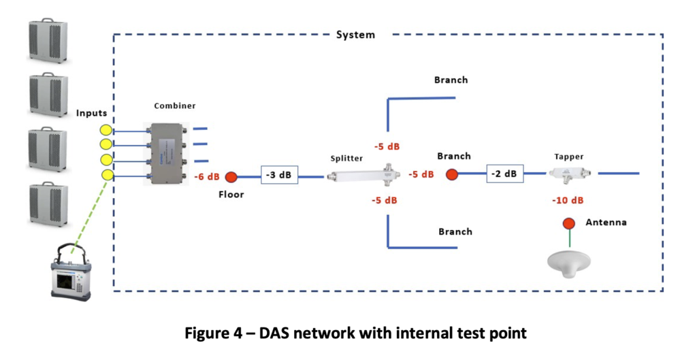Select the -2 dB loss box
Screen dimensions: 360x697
[x=504, y=174]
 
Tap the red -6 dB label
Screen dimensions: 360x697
[x=207, y=177]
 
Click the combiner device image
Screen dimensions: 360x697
[x=166, y=153]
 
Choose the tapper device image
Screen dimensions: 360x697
[x=569, y=174]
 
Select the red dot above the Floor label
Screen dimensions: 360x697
[x=231, y=177]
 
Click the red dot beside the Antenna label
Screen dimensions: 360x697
[x=568, y=223]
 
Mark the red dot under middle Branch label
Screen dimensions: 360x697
[x=451, y=174]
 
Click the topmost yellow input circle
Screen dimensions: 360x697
[x=106, y=130]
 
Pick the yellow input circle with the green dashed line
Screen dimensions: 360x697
[x=107, y=175]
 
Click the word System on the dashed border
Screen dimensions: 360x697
[x=355, y=34]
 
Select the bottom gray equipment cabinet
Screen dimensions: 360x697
[x=48, y=203]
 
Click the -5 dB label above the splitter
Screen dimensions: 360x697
[x=386, y=146]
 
